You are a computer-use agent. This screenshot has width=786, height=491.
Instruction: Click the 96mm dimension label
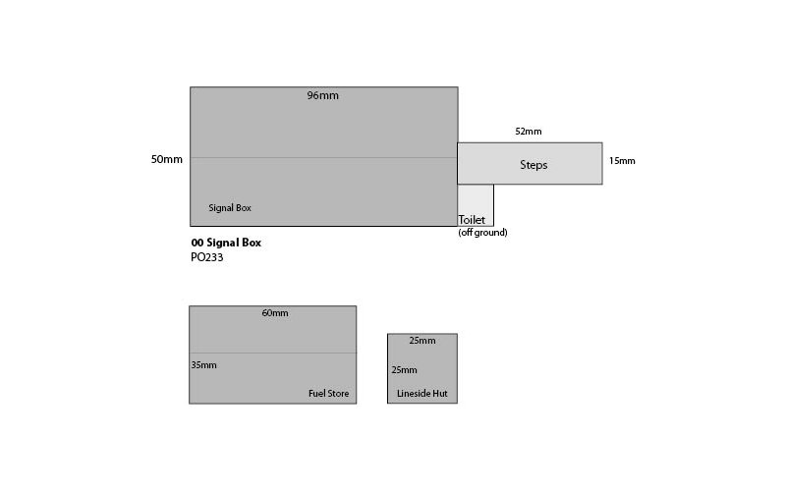pyautogui.click(x=323, y=95)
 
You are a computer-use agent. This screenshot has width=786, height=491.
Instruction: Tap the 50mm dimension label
pyautogui.click(x=167, y=159)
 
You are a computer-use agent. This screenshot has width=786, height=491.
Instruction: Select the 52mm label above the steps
pyautogui.click(x=529, y=132)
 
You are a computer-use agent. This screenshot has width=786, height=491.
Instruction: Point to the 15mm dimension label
pyautogui.click(x=622, y=161)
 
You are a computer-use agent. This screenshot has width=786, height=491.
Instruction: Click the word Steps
pyautogui.click(x=533, y=165)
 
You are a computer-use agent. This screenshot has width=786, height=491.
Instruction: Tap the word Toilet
pyautogui.click(x=472, y=219)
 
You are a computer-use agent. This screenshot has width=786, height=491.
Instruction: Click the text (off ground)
pyautogui.click(x=482, y=233)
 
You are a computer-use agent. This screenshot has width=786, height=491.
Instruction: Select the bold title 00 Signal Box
pyautogui.click(x=226, y=243)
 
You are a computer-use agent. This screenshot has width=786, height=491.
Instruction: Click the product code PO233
pyautogui.click(x=207, y=257)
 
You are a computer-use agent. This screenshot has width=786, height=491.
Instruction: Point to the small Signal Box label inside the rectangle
pyautogui.click(x=230, y=208)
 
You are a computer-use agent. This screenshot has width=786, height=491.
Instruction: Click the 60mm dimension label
pyautogui.click(x=275, y=313)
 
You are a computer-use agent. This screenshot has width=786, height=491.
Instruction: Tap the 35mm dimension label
pyautogui.click(x=204, y=365)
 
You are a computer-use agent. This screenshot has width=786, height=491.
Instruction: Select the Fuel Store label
pyautogui.click(x=329, y=394)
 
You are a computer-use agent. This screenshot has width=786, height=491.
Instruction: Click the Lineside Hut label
pyautogui.click(x=422, y=394)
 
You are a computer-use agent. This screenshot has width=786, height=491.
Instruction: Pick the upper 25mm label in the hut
pyautogui.click(x=422, y=341)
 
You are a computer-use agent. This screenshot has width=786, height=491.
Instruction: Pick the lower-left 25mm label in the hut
pyautogui.click(x=405, y=370)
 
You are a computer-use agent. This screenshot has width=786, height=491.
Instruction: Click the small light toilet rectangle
pyautogui.click(x=476, y=200)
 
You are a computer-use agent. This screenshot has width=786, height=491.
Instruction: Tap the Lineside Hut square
pyautogui.click(x=422, y=368)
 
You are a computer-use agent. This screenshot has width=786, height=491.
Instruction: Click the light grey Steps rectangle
pyautogui.click(x=530, y=163)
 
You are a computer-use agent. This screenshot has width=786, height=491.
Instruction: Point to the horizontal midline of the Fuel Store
pyautogui.click(x=273, y=354)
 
